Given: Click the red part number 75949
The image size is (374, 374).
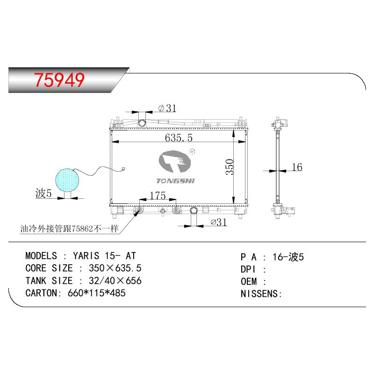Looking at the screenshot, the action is coord(59,80).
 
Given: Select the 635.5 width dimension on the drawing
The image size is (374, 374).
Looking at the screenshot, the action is coord(179,137).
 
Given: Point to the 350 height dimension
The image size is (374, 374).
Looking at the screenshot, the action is coord(230,167).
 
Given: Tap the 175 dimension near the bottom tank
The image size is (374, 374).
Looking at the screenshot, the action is coord(158,195).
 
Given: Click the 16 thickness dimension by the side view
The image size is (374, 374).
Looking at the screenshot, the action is coord(297,167).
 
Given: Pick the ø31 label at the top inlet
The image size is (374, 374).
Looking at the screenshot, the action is coord(167,108).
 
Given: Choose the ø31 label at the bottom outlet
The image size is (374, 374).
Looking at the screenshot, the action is coord(218,223).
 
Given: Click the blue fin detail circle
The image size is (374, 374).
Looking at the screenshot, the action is coord(67,180).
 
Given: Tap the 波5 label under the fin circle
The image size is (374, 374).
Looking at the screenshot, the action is coord(43,193).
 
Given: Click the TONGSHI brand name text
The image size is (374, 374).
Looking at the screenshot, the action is coord(176,181).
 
